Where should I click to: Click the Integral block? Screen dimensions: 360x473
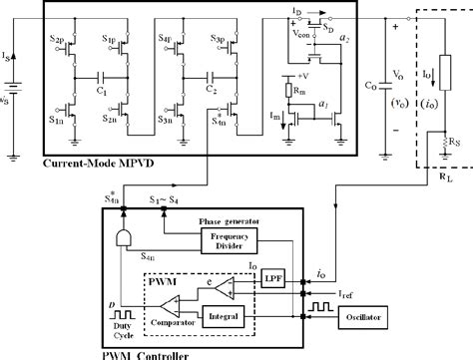[226, 315]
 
